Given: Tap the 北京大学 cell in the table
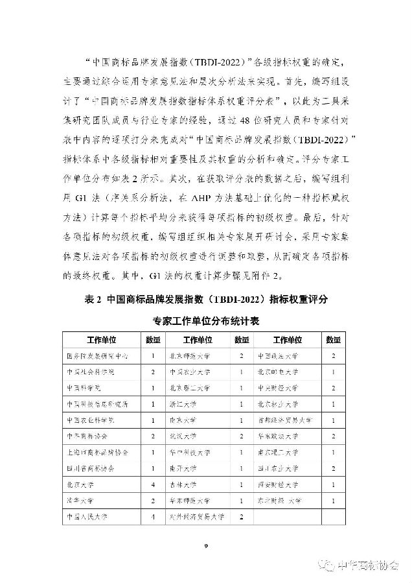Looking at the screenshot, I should (x=79, y=484).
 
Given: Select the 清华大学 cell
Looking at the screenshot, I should (x=79, y=501).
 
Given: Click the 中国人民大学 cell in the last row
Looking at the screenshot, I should (x=87, y=517).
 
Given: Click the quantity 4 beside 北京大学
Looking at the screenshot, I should (x=152, y=484).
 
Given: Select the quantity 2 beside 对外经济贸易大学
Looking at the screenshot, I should (x=241, y=517).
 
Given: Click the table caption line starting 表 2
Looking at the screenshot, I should (x=207, y=300).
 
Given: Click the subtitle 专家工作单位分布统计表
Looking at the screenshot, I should (x=207, y=321).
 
